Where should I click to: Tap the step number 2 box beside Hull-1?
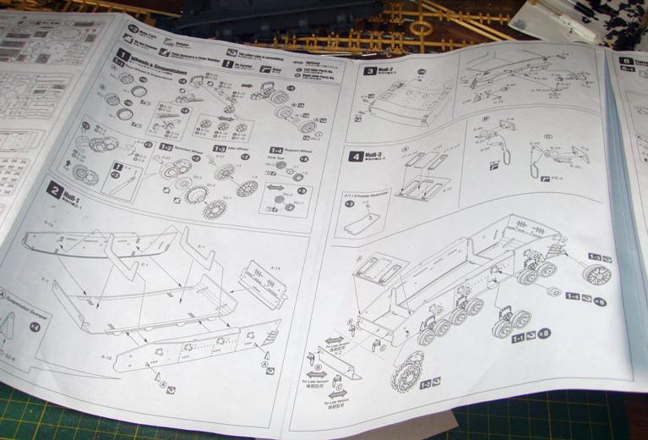click(54, 190)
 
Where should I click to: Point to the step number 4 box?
click(356, 157)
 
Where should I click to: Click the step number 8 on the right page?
click(626, 61)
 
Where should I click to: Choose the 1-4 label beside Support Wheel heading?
click(276, 151)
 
